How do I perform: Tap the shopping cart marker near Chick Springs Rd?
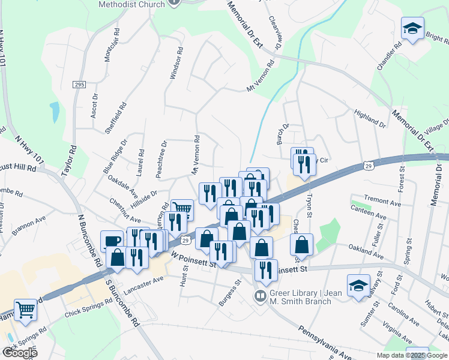click(x=26, y=310)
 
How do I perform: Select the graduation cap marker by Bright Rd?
click(x=412, y=28)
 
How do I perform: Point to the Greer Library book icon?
click(x=260, y=296)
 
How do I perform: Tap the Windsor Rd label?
click(x=175, y=64)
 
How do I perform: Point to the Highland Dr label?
click(x=370, y=118)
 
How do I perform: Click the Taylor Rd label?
click(x=70, y=160)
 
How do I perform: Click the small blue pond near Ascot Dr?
click(x=55, y=112)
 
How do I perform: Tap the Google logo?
click(x=20, y=352)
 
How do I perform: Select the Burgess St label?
click(x=229, y=292)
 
